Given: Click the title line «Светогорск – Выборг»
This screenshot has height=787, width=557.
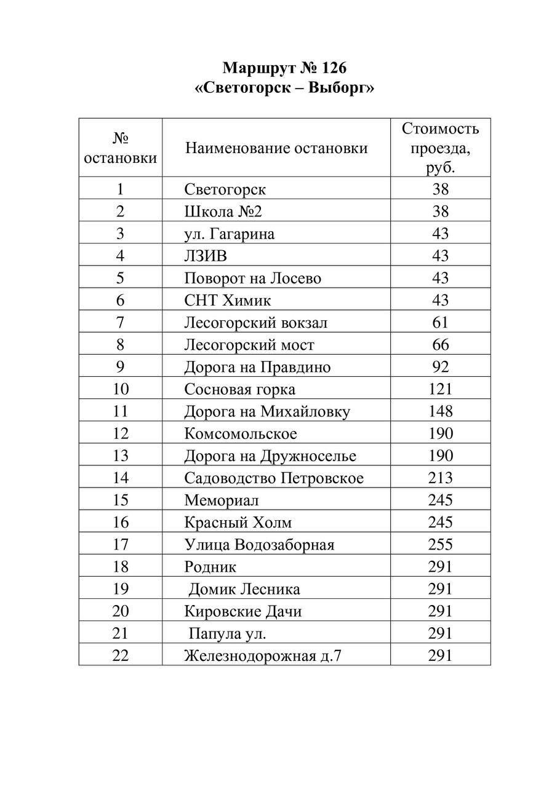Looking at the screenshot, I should click(284, 89).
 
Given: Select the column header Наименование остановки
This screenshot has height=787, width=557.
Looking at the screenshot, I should click(276, 148).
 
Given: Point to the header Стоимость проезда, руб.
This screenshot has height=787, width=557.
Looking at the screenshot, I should click(440, 148).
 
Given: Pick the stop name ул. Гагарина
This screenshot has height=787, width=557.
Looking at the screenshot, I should click(229, 234).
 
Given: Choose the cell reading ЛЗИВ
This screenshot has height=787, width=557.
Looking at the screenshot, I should click(206, 256).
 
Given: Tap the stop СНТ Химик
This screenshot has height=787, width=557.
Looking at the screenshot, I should click(227, 300).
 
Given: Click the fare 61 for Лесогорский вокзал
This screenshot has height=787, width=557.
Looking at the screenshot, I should click(441, 322).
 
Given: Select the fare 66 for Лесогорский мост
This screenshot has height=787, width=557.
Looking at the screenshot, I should click(441, 345).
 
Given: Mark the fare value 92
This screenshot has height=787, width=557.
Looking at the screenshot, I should click(441, 367).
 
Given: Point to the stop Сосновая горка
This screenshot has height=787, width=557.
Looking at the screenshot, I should click(239, 389).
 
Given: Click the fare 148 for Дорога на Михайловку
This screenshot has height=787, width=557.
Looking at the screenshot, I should click(441, 411).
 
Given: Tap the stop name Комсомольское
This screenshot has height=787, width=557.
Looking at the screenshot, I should click(240, 433).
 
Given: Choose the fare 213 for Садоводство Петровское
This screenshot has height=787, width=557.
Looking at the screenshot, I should click(441, 478).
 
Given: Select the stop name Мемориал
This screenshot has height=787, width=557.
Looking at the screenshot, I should click(221, 500).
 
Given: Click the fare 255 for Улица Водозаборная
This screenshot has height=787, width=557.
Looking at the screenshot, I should click(441, 544).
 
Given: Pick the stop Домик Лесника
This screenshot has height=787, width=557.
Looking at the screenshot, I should click(244, 589).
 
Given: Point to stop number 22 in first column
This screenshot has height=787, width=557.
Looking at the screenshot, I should click(121, 655).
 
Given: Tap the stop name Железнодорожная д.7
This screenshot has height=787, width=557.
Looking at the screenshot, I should click(262, 655).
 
